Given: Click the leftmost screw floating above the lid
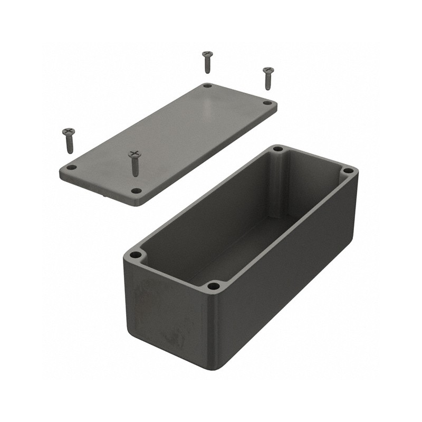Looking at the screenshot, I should [x=69, y=139].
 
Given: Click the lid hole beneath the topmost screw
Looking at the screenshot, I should [x=207, y=85].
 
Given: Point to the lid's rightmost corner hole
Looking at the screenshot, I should [x=267, y=103].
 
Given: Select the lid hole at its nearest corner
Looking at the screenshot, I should [x=136, y=190].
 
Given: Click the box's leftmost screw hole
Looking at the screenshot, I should [x=136, y=255].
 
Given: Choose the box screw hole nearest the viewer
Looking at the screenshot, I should [x=214, y=286].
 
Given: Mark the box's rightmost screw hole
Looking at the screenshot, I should [x=348, y=171].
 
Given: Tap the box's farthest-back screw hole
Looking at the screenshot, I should [x=278, y=149].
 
